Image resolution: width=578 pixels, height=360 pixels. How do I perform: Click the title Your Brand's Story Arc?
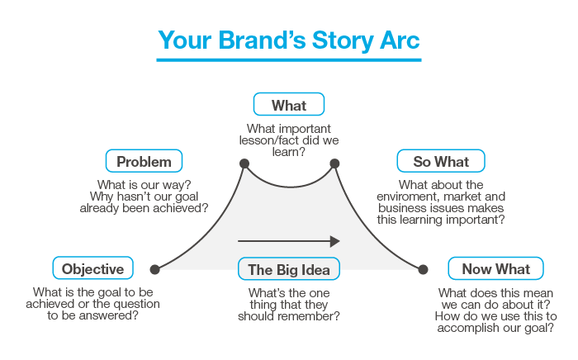[x=289, y=40]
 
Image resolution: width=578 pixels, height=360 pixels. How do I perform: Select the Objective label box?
[x=92, y=268]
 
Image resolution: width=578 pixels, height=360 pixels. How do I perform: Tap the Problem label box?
[x=144, y=161]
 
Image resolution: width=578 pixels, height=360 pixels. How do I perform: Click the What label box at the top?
[x=288, y=105]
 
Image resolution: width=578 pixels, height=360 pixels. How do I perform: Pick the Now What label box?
[x=495, y=268]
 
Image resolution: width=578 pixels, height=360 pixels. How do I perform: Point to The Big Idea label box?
[x=289, y=269]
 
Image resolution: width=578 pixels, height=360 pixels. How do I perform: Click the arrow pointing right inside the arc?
[x=289, y=241]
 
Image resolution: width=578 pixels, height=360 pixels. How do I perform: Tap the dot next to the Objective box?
[x=154, y=269]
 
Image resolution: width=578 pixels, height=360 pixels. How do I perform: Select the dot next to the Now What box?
[x=424, y=269]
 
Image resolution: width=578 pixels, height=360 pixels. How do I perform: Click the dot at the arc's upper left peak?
[x=244, y=163]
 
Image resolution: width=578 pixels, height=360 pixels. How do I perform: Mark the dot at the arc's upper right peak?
[x=334, y=163]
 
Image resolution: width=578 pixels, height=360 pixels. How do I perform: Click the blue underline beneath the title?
[x=289, y=59]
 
